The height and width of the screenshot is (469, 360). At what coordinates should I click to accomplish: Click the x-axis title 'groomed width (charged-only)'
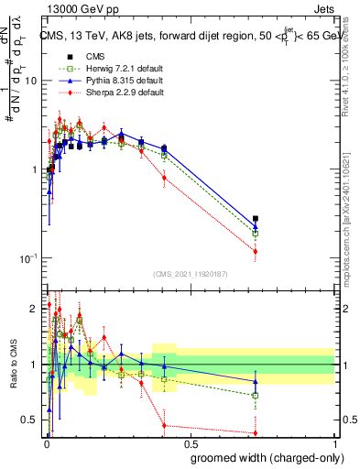(262, 455)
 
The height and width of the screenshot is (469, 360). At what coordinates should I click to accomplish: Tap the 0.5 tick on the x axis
(191, 442)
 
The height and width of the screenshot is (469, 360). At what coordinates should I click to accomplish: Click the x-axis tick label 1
(334, 442)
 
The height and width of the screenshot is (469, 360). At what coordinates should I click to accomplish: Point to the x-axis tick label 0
(47, 442)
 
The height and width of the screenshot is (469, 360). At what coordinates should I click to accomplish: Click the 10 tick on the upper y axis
(30, 81)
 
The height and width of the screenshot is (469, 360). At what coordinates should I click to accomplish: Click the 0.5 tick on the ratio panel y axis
(31, 420)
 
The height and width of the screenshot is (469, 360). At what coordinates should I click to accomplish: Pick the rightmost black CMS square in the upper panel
(256, 219)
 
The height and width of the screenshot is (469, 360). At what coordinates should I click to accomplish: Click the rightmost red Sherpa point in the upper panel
(256, 251)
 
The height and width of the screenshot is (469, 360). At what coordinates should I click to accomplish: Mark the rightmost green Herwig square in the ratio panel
(256, 395)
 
